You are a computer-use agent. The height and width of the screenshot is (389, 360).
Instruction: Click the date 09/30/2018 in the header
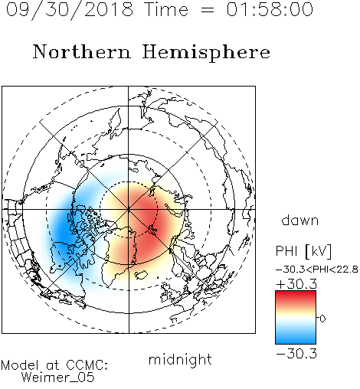click(70, 10)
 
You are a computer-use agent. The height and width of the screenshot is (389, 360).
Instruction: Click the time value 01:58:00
click(270, 9)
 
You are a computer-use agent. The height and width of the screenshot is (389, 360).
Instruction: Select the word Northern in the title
click(82, 51)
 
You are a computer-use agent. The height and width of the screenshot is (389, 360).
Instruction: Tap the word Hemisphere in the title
click(206, 52)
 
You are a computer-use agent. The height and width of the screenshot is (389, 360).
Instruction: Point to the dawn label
click(300, 220)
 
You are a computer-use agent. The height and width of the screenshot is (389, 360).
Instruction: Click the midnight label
click(180, 359)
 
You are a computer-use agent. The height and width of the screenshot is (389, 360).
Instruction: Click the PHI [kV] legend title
click(303, 250)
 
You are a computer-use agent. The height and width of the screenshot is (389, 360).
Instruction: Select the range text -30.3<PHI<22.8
click(317, 270)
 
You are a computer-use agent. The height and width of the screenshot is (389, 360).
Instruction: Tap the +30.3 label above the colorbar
click(296, 284)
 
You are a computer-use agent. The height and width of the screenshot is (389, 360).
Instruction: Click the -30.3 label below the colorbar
click(296, 354)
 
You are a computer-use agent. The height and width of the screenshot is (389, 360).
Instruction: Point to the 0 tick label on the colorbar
click(322, 319)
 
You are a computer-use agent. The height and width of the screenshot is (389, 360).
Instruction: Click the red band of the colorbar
click(296, 297)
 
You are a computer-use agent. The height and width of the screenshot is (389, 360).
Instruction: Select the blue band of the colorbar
click(296, 337)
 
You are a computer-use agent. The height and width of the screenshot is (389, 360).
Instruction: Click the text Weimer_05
click(58, 378)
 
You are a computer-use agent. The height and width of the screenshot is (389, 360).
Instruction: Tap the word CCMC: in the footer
click(87, 365)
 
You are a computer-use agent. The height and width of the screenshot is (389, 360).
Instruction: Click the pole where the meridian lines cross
click(129, 209)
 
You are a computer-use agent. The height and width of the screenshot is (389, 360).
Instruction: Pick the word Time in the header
click(166, 9)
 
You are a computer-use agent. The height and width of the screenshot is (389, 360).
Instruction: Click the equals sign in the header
click(207, 10)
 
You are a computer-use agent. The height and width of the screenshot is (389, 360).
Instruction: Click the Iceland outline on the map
click(141, 275)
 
